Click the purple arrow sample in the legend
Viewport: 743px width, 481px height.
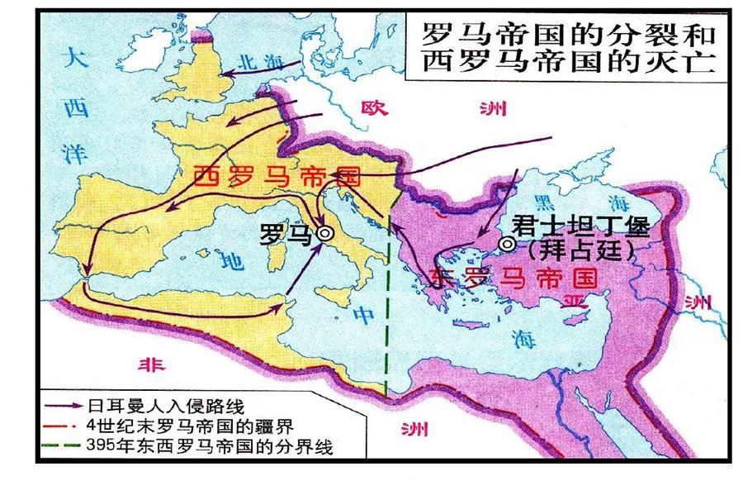(x=64, y=407)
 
